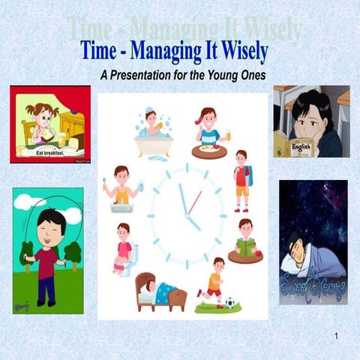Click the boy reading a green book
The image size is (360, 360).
pyautogui.click(x=244, y=241)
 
